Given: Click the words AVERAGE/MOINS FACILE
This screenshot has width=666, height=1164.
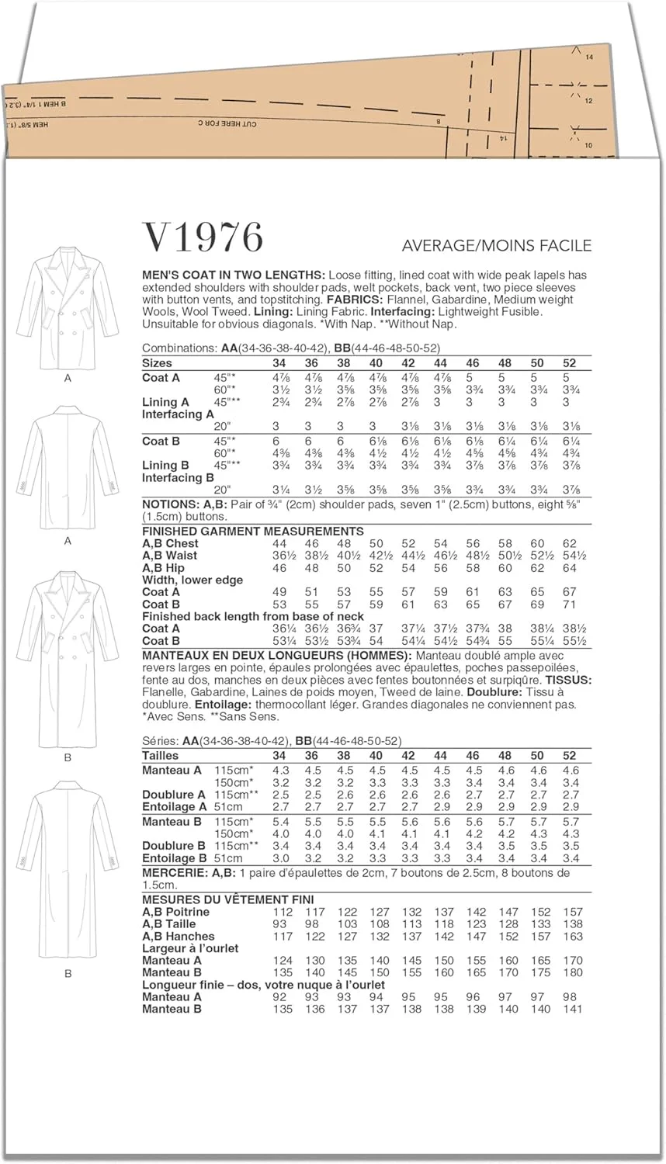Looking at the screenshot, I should (496, 246).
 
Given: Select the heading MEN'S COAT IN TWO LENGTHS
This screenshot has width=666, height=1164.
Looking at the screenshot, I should (234, 275).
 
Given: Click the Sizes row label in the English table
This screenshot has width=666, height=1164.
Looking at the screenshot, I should (158, 363).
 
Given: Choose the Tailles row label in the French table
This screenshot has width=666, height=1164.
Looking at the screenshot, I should (161, 756).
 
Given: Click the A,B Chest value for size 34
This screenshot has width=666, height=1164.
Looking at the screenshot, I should (279, 544).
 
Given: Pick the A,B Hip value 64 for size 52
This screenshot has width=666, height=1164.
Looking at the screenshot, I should (570, 568).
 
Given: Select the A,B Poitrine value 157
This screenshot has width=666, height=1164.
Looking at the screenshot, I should (571, 913).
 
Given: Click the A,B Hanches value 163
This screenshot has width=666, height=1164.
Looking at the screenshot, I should (571, 937).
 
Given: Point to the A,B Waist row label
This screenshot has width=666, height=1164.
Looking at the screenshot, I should (170, 556).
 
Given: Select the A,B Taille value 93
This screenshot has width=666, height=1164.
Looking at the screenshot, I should (279, 924).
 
